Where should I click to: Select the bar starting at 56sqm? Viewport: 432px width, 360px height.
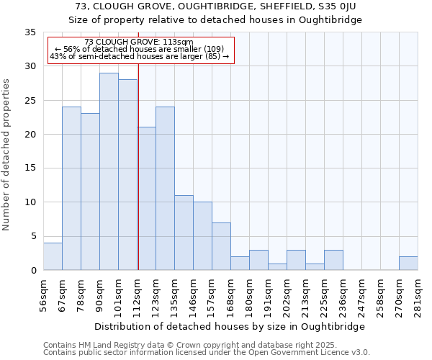53,256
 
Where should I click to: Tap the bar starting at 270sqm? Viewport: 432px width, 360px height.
408,263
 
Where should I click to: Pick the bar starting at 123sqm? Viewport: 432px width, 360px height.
165,189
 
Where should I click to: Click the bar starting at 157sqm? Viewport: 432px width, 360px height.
221,246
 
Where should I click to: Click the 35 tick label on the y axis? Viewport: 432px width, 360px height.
30,32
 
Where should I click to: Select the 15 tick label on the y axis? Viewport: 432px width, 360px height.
30,168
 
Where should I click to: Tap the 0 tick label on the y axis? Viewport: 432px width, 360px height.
33,271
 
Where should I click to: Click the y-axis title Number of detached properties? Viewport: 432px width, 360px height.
7,155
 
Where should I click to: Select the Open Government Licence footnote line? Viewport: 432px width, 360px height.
206,352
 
